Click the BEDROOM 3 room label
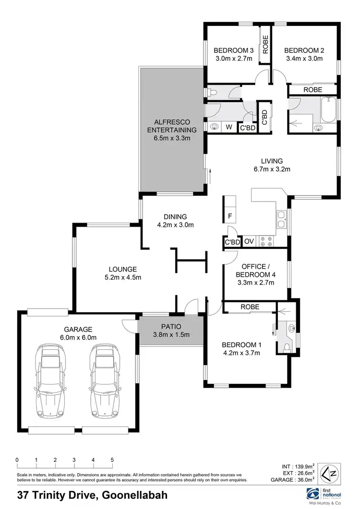(234, 50)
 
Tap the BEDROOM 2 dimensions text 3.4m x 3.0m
(303, 59)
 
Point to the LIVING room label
(272, 161)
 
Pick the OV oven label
(249, 242)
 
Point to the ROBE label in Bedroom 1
(250, 307)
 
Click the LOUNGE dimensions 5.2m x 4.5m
(122, 277)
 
